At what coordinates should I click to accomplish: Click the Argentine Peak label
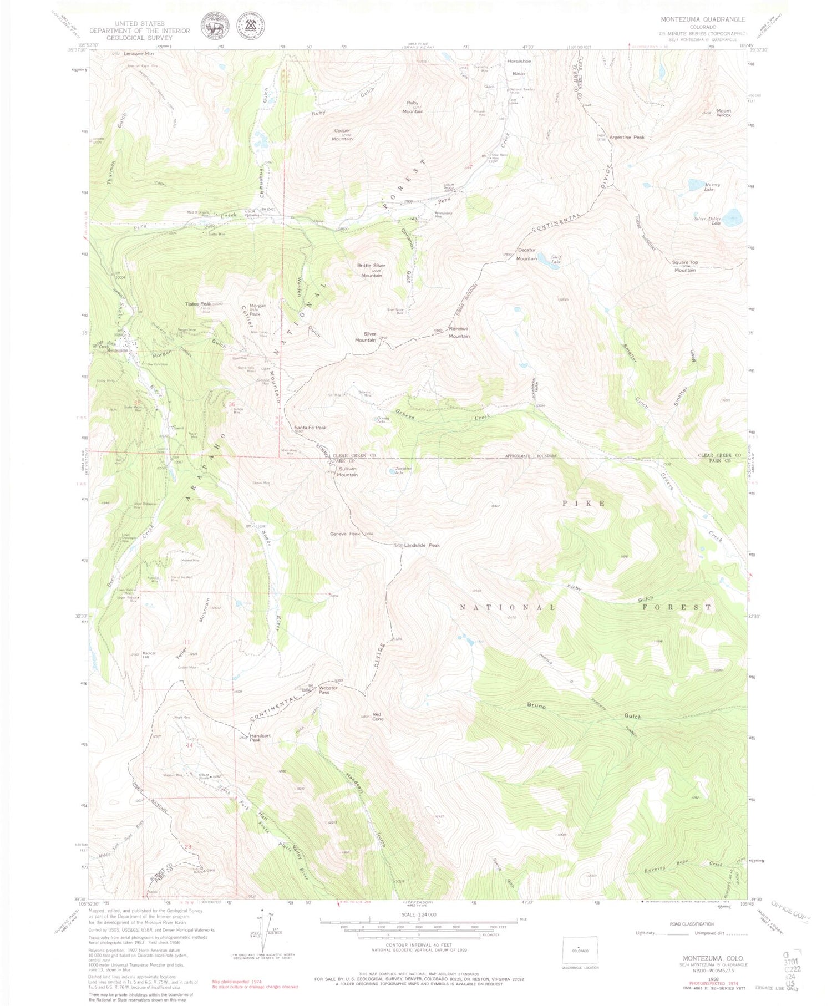point(627,137)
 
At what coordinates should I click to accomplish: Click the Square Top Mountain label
point(685,266)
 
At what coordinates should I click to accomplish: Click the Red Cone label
point(378,716)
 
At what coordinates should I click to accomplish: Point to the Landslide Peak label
point(422,545)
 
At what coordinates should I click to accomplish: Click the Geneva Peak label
point(346,534)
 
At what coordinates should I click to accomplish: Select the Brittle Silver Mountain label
point(371,270)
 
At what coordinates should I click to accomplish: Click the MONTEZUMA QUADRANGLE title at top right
point(702,19)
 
